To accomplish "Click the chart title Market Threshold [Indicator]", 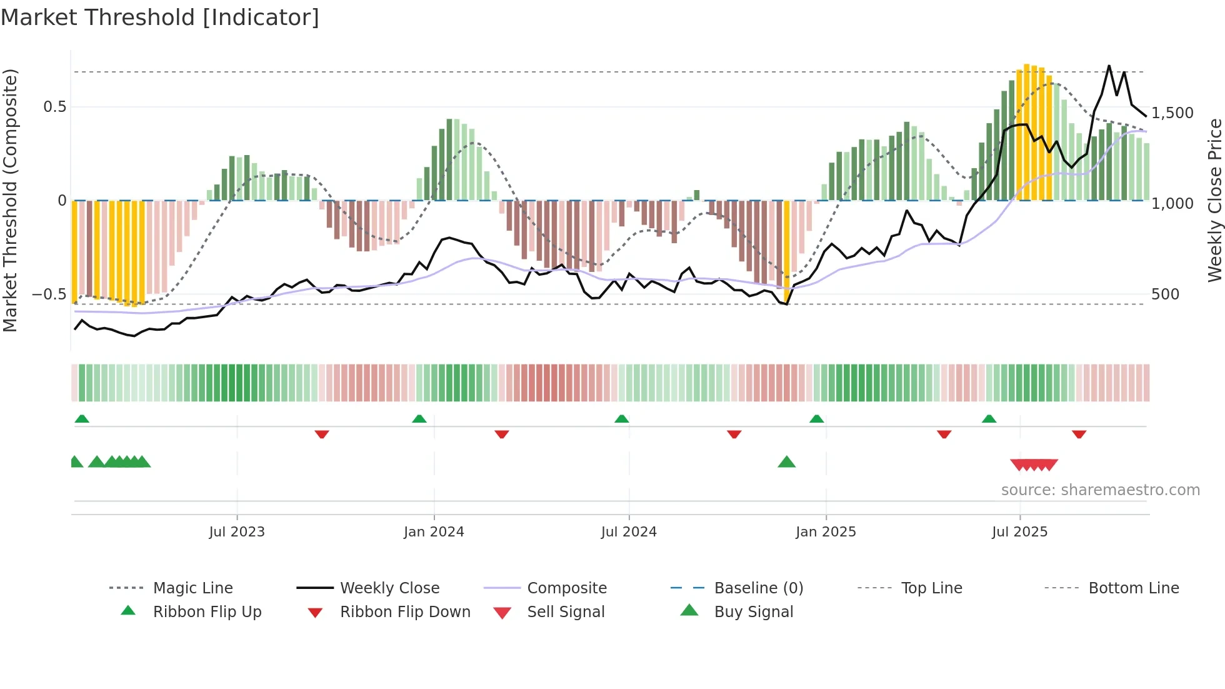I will (160, 18).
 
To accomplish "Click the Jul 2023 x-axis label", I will (237, 532).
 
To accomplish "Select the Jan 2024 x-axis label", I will (434, 532).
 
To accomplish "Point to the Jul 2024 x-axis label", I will (629, 532).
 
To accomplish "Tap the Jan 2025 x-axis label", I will (826, 532).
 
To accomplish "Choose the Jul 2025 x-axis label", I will (1019, 532).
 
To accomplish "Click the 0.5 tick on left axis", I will (54, 107).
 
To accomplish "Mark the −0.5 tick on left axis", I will (49, 294).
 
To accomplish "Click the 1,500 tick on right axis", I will (1172, 113).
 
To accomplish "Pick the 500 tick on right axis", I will (1165, 294).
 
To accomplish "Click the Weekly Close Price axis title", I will (1214, 200).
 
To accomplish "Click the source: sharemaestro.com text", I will (1100, 490).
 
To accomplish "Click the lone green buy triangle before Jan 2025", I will (786, 462).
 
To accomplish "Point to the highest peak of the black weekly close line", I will (1109, 66).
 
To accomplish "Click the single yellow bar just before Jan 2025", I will (786, 250).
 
